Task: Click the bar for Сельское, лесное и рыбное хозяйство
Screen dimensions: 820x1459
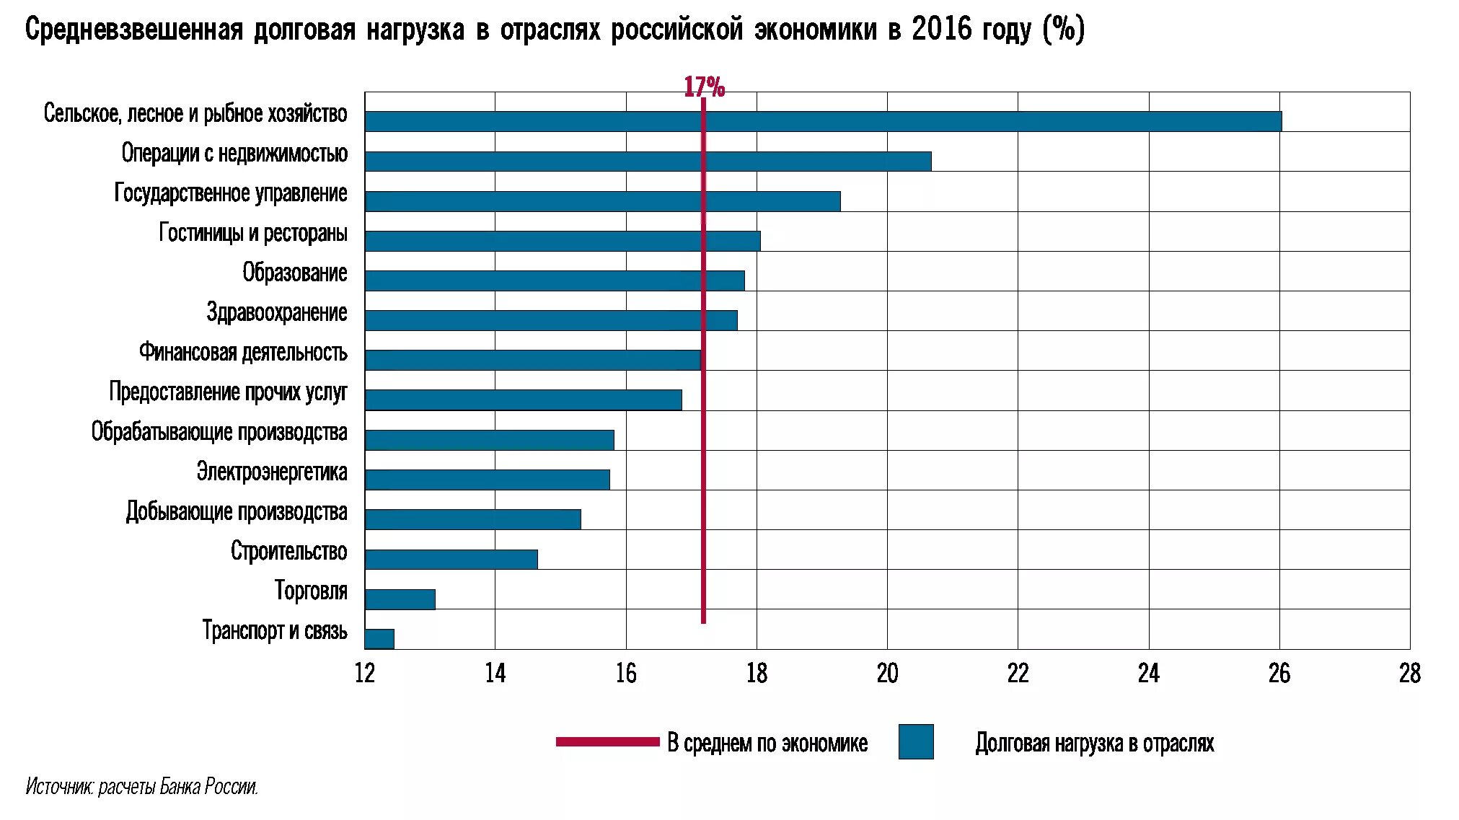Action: (822, 121)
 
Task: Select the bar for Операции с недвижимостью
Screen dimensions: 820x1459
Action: (648, 161)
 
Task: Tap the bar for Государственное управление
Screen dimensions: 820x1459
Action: (602, 200)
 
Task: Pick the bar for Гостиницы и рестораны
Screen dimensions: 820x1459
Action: (563, 241)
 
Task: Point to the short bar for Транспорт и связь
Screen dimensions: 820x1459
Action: (379, 639)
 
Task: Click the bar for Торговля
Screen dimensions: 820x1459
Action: (400, 599)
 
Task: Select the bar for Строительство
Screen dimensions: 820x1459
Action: (451, 559)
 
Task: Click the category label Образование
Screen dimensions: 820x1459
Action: (294, 273)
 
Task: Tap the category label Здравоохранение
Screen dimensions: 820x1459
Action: (276, 312)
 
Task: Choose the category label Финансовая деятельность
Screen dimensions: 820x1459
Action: (243, 352)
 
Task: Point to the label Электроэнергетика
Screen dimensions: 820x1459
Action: (272, 472)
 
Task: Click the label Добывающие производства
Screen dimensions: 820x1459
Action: (237, 511)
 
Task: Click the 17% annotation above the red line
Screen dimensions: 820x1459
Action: (704, 87)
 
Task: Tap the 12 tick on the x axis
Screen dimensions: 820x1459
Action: (365, 674)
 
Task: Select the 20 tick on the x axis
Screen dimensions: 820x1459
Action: (887, 674)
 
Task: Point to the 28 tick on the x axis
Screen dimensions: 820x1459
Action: (1409, 674)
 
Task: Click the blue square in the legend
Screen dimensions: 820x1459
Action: (916, 741)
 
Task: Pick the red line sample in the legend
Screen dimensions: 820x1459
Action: (607, 741)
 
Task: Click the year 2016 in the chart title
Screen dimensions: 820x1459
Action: (942, 30)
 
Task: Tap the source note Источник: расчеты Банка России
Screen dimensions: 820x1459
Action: (142, 786)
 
